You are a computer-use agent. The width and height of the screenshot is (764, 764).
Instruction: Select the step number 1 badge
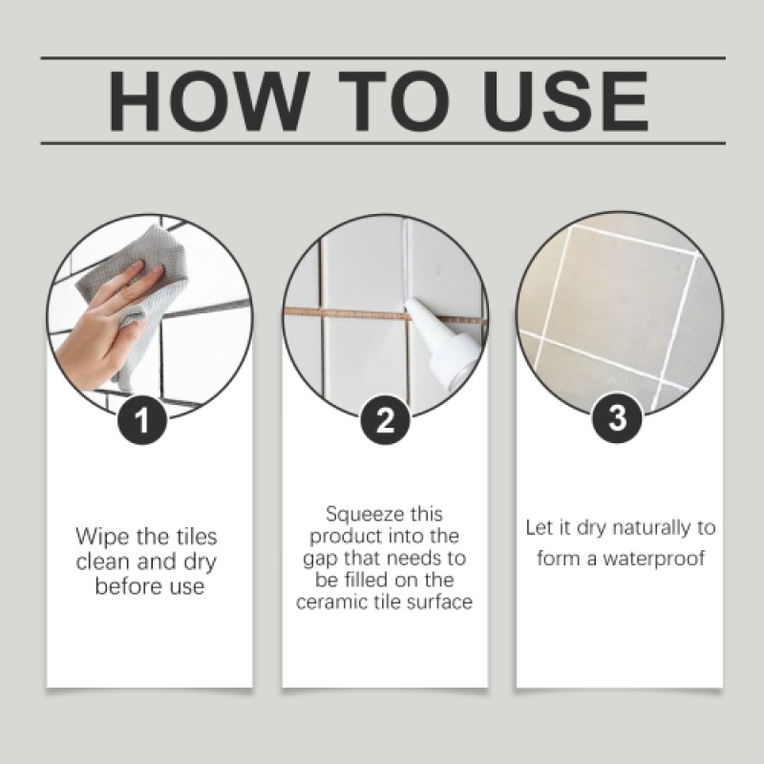pos(140,419)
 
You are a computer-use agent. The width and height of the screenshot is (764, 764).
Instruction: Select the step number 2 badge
pos(385,419)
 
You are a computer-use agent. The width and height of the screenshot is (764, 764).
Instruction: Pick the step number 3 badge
pos(618,419)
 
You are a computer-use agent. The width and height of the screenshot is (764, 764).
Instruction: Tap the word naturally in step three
pos(651,528)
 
